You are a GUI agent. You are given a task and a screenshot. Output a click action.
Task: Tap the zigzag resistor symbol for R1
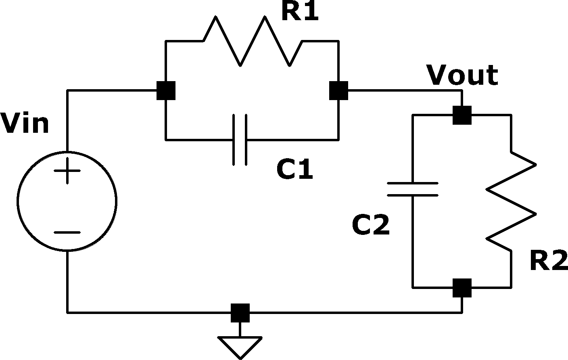(x=253, y=41)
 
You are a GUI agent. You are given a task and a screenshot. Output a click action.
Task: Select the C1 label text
(x=294, y=169)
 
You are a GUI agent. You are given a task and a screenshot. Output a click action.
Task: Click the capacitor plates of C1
(x=240, y=140)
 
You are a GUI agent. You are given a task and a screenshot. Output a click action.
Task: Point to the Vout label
(x=462, y=75)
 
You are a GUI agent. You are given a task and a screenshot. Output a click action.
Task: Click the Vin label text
(x=24, y=124)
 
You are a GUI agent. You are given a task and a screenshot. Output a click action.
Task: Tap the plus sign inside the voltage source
(x=67, y=171)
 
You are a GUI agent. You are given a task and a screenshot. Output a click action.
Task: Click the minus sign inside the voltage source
(x=67, y=232)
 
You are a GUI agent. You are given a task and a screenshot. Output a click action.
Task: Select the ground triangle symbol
(x=240, y=347)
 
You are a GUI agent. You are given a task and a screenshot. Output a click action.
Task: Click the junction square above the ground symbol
(x=240, y=313)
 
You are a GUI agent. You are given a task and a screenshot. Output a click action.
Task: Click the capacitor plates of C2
(x=413, y=189)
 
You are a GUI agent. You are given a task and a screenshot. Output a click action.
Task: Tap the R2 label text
(x=549, y=260)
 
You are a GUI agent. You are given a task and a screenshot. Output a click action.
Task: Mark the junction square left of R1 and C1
(x=166, y=90)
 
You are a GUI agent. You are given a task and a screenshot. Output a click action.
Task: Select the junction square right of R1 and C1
(x=338, y=90)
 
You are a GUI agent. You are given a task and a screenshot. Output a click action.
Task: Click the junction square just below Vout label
(x=462, y=115)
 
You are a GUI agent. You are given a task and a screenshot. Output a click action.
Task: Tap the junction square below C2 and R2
(x=462, y=288)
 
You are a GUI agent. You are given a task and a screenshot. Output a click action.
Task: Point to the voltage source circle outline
(x=18, y=201)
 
